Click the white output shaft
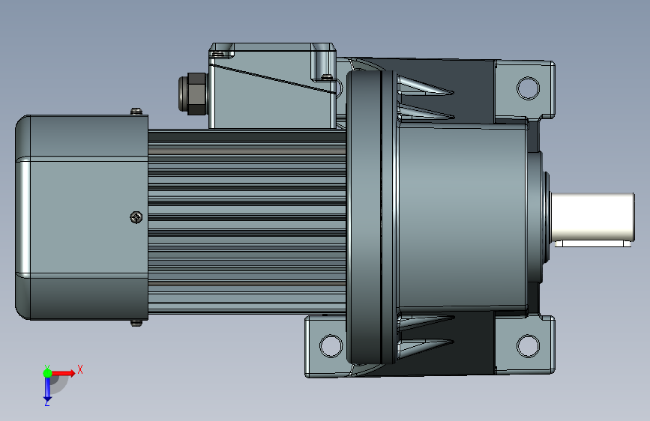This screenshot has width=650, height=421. [x=593, y=216]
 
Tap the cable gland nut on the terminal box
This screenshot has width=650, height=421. [x=193, y=94]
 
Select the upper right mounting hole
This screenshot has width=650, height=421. [x=528, y=88]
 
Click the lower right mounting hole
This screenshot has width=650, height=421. [x=528, y=345]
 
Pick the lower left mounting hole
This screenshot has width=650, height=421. [x=331, y=345]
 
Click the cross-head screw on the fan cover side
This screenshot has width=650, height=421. [x=136, y=217]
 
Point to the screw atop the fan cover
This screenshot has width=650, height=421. [x=136, y=111]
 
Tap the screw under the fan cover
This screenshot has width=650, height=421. [x=136, y=323]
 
